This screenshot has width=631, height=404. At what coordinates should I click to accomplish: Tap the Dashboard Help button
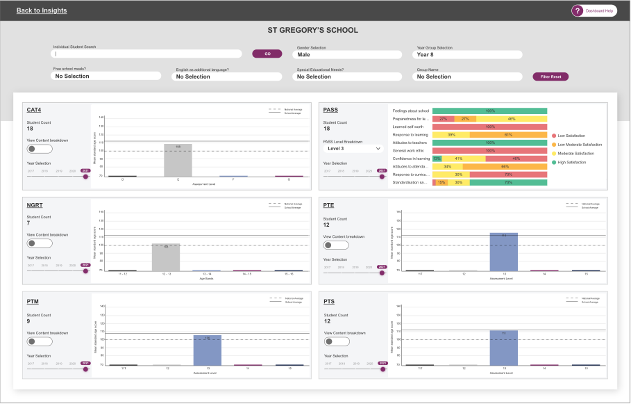(x=594, y=10)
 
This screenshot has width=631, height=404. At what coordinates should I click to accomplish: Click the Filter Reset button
(x=551, y=76)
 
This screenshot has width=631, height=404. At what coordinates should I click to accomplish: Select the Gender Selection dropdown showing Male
(x=348, y=54)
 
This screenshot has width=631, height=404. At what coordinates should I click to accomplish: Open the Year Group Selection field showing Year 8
(x=468, y=54)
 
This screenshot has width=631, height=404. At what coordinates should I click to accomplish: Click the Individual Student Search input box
(x=147, y=54)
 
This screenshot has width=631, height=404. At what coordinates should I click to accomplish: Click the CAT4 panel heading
(x=34, y=110)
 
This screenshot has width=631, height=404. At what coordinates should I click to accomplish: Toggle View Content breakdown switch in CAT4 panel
(x=40, y=149)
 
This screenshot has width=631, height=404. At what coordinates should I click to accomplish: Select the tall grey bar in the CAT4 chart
(x=178, y=160)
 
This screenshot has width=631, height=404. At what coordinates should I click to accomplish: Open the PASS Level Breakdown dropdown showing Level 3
(x=354, y=149)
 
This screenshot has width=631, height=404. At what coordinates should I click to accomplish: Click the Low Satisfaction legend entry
(x=571, y=135)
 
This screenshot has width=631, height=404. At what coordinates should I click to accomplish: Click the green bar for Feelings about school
(x=489, y=111)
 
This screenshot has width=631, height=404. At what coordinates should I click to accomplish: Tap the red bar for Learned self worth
(x=489, y=127)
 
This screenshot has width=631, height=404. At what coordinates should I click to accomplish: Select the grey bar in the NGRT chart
(x=166, y=257)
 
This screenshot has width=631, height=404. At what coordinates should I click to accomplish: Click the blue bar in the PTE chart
(x=503, y=252)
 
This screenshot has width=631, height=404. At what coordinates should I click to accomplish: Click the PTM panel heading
(x=33, y=301)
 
